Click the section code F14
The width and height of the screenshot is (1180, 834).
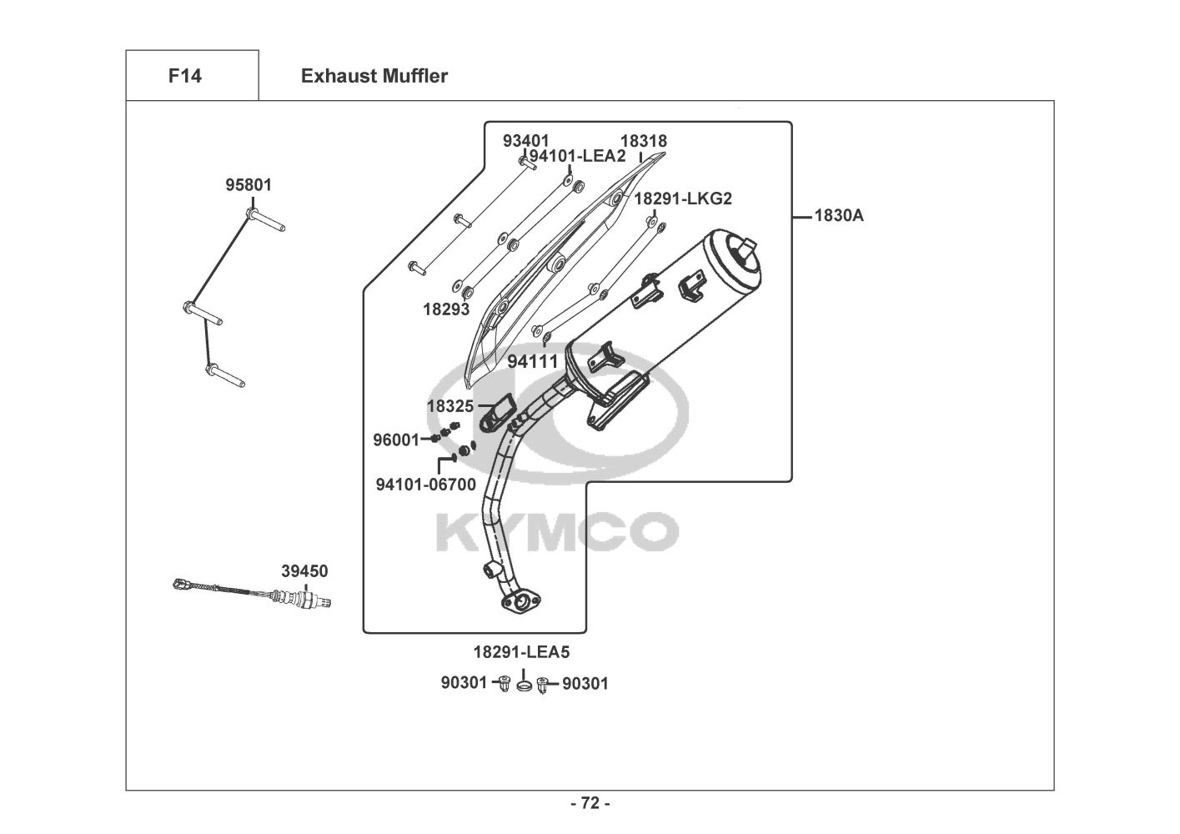pyautogui.click(x=185, y=76)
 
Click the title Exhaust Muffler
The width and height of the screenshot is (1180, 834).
pyautogui.click(x=374, y=76)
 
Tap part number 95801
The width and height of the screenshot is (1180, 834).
pyautogui.click(x=249, y=185)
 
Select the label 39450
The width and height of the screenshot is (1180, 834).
pyautogui.click(x=304, y=571)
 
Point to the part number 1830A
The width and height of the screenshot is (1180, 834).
pyautogui.click(x=839, y=215)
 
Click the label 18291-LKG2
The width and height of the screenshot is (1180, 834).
pyautogui.click(x=683, y=198)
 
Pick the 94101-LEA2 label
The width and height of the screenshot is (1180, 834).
pyautogui.click(x=577, y=156)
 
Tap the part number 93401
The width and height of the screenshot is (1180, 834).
pyautogui.click(x=525, y=141)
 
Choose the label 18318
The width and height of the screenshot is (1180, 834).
pyautogui.click(x=644, y=141)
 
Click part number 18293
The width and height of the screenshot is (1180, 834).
pyautogui.click(x=446, y=309)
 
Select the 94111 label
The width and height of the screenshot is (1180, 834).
pyautogui.click(x=533, y=361)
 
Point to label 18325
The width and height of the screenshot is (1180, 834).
pyautogui.click(x=450, y=406)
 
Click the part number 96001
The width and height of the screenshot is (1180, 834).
pyautogui.click(x=397, y=440)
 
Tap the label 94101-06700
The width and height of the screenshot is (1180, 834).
pyautogui.click(x=425, y=485)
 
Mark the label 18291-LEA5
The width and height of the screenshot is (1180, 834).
pyautogui.click(x=521, y=652)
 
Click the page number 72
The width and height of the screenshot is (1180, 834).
pyautogui.click(x=590, y=803)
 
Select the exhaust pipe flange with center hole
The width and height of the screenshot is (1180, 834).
pyautogui.click(x=521, y=601)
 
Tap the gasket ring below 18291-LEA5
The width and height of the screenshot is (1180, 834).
pyautogui.click(x=524, y=686)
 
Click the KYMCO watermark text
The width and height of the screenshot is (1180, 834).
pyautogui.click(x=557, y=531)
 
